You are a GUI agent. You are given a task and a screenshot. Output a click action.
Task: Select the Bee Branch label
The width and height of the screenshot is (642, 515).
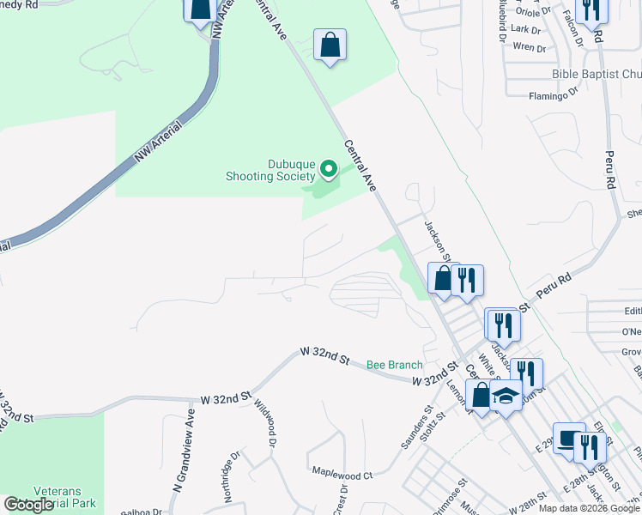click(395, 365)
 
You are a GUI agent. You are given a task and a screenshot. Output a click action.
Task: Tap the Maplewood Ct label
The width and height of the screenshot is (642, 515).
click(342, 474)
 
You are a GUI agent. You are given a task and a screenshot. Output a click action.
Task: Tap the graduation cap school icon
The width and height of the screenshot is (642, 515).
click(506, 397)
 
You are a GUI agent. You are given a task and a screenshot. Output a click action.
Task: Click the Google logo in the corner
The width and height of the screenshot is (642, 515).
click(28, 505)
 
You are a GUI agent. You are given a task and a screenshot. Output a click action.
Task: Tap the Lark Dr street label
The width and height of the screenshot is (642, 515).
click(525, 29)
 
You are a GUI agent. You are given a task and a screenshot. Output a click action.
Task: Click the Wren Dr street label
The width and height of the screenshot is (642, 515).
click(529, 48)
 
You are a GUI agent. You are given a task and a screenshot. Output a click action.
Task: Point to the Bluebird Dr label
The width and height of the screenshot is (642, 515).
click(500, 21)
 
